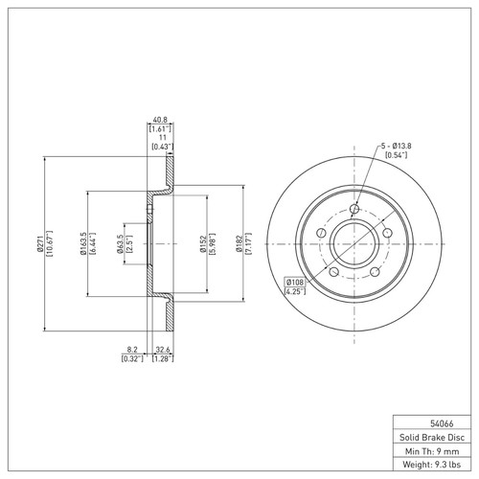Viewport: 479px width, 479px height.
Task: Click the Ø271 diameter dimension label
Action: (x=39, y=243)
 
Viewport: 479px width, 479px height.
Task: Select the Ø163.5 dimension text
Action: (x=83, y=243)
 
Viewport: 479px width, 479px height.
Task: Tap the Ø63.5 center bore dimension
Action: (x=120, y=244)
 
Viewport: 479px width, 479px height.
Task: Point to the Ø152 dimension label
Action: (x=202, y=244)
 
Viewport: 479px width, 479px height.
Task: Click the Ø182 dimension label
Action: (x=239, y=244)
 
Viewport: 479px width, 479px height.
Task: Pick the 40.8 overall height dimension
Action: (x=160, y=120)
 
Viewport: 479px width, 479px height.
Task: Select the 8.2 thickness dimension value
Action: (x=132, y=350)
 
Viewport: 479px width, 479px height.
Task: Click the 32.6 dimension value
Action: (x=163, y=350)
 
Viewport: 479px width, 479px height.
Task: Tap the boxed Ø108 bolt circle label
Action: (x=295, y=283)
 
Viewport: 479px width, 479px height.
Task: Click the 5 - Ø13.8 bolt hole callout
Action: (x=396, y=146)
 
